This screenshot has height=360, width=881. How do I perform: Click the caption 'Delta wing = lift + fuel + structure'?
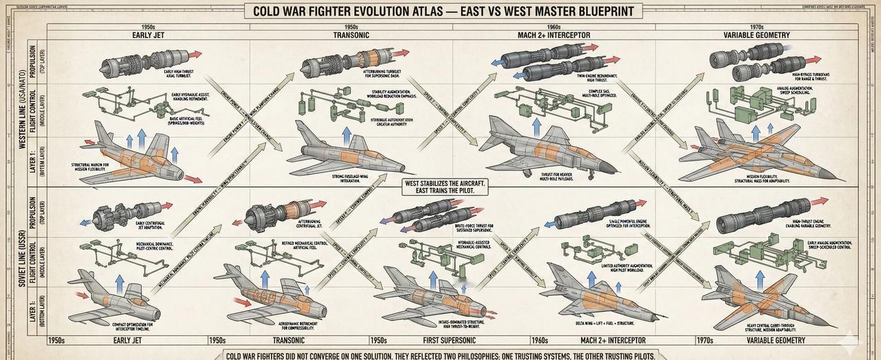(605, 323)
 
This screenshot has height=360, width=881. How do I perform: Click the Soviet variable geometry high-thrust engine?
(765, 213)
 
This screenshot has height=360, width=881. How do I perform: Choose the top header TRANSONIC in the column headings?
(351, 35)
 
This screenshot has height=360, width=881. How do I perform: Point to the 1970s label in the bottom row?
(705, 341)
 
